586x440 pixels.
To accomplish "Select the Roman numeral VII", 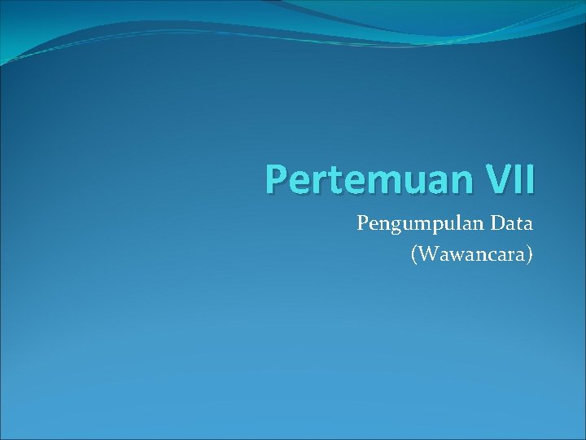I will (506, 179).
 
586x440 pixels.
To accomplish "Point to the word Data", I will (509, 222).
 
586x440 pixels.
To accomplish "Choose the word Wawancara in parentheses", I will (473, 255).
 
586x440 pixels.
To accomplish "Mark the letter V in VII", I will (490, 179).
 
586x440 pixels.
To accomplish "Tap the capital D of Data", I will (493, 222).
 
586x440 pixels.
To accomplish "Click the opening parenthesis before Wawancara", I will (415, 256).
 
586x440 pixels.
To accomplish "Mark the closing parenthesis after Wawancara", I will (530, 256).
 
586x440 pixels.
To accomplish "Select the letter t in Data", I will (515, 222).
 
